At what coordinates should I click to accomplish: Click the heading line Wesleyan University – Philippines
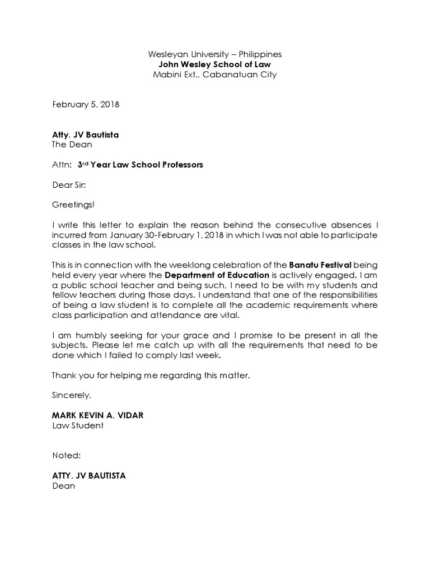coord(214,54)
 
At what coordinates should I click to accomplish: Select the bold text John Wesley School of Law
coord(214,64)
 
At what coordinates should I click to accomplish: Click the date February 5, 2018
coord(86,104)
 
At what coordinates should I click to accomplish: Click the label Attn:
coord(62,165)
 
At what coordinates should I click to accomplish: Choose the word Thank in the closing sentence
coord(64,375)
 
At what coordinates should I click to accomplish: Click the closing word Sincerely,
coord(71,395)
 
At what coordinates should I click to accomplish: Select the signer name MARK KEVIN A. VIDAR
coord(101,415)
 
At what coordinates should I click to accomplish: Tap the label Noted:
coord(66,456)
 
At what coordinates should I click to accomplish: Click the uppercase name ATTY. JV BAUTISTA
coord(88,476)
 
